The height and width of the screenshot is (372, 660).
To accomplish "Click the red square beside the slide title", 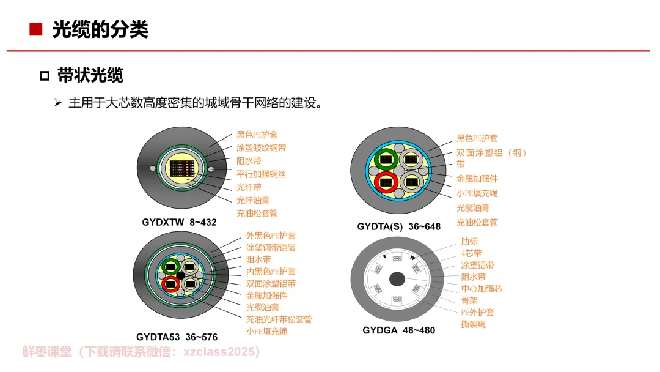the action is click(35, 29).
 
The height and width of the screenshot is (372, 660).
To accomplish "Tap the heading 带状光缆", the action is click(90, 75).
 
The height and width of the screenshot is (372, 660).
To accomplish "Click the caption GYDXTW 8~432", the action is click(179, 222).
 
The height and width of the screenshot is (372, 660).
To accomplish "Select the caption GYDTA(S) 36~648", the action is click(398, 226).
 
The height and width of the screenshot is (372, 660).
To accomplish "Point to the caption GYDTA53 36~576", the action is click(177, 337).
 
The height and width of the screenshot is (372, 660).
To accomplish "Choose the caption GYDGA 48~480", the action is click(398, 330).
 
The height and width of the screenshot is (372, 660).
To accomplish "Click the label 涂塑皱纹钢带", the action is click(261, 147).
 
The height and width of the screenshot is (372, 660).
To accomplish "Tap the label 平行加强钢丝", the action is click(261, 174).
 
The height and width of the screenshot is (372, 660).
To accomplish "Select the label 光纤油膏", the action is click(253, 200).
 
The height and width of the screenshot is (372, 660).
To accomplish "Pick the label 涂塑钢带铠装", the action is click(271, 247).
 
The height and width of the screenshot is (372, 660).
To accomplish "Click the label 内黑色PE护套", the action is click(271, 271).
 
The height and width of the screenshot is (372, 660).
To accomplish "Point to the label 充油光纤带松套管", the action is click(279, 319).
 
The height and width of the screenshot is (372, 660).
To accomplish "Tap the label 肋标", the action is click(469, 241).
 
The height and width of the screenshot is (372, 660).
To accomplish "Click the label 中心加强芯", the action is click(482, 289).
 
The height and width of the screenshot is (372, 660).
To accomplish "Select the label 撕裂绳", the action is click(474, 324).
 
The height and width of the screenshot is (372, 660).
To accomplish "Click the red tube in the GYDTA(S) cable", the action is click(386, 181).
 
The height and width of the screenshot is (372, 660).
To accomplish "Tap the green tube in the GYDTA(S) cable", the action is click(386, 159).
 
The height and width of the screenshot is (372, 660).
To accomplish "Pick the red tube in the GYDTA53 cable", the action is click(170, 283).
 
